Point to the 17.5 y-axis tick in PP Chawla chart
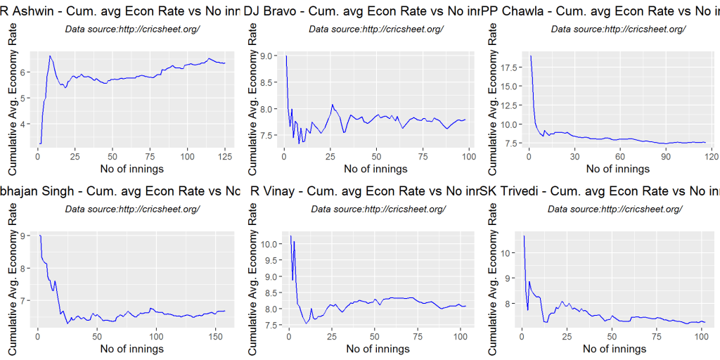point(508,67)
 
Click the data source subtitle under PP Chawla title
point(618,29)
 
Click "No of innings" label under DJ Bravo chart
point(375,169)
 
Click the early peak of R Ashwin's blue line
point(50,56)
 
